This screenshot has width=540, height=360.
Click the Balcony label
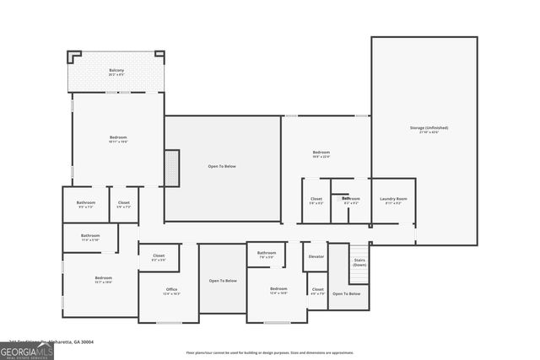pos(117,70)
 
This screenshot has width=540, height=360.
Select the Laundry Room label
pos(393,199)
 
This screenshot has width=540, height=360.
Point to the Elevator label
pos(316,256)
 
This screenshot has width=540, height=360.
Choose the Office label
pos(171,289)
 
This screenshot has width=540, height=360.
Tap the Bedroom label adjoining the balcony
pos(118,137)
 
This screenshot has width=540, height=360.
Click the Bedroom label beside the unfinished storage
pos(321,153)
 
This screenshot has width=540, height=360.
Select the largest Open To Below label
pos(222,166)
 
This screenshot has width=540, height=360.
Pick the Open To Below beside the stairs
pos(346,293)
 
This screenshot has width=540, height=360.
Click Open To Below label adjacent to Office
pos(223,280)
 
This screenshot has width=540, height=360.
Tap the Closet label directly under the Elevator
pos(317,289)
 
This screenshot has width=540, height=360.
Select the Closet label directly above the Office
pos(159,255)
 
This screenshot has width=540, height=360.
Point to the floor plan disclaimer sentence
pos(269,352)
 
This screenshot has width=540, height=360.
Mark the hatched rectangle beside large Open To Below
pos(172,168)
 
